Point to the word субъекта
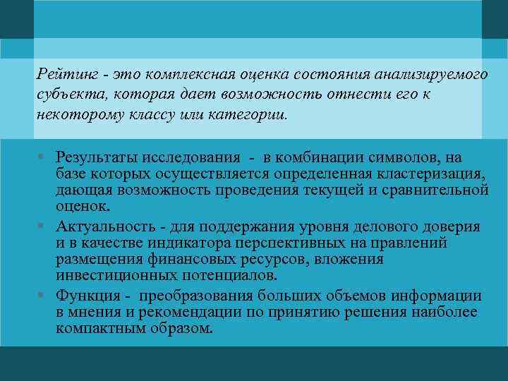click(64, 95)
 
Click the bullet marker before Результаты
click(44, 157)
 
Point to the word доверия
click(449, 226)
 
